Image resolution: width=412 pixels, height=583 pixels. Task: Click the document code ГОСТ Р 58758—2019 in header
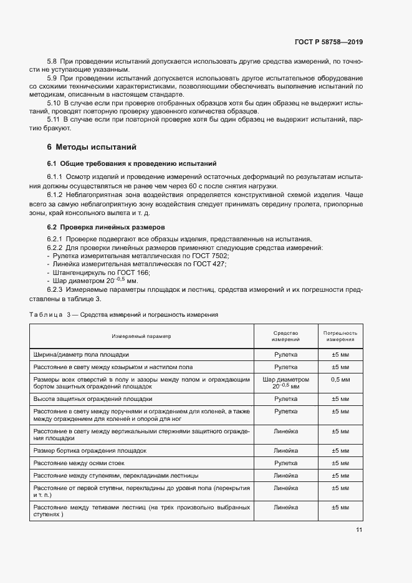(328, 42)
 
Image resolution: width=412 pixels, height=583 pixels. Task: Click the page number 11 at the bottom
(359, 530)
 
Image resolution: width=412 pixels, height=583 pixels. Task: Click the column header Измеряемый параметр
(141, 337)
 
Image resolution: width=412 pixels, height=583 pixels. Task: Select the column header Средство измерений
(285, 337)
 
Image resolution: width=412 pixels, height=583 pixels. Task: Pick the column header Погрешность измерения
(340, 337)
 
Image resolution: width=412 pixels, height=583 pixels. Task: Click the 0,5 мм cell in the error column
(340, 379)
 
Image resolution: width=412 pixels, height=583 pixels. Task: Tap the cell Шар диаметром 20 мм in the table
(285, 383)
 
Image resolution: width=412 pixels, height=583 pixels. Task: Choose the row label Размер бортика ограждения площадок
(90, 450)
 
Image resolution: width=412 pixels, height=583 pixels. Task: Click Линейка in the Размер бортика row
(285, 450)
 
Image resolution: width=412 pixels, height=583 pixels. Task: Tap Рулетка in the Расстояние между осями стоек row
(285, 463)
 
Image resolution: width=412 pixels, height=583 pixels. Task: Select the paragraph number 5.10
(54, 102)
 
